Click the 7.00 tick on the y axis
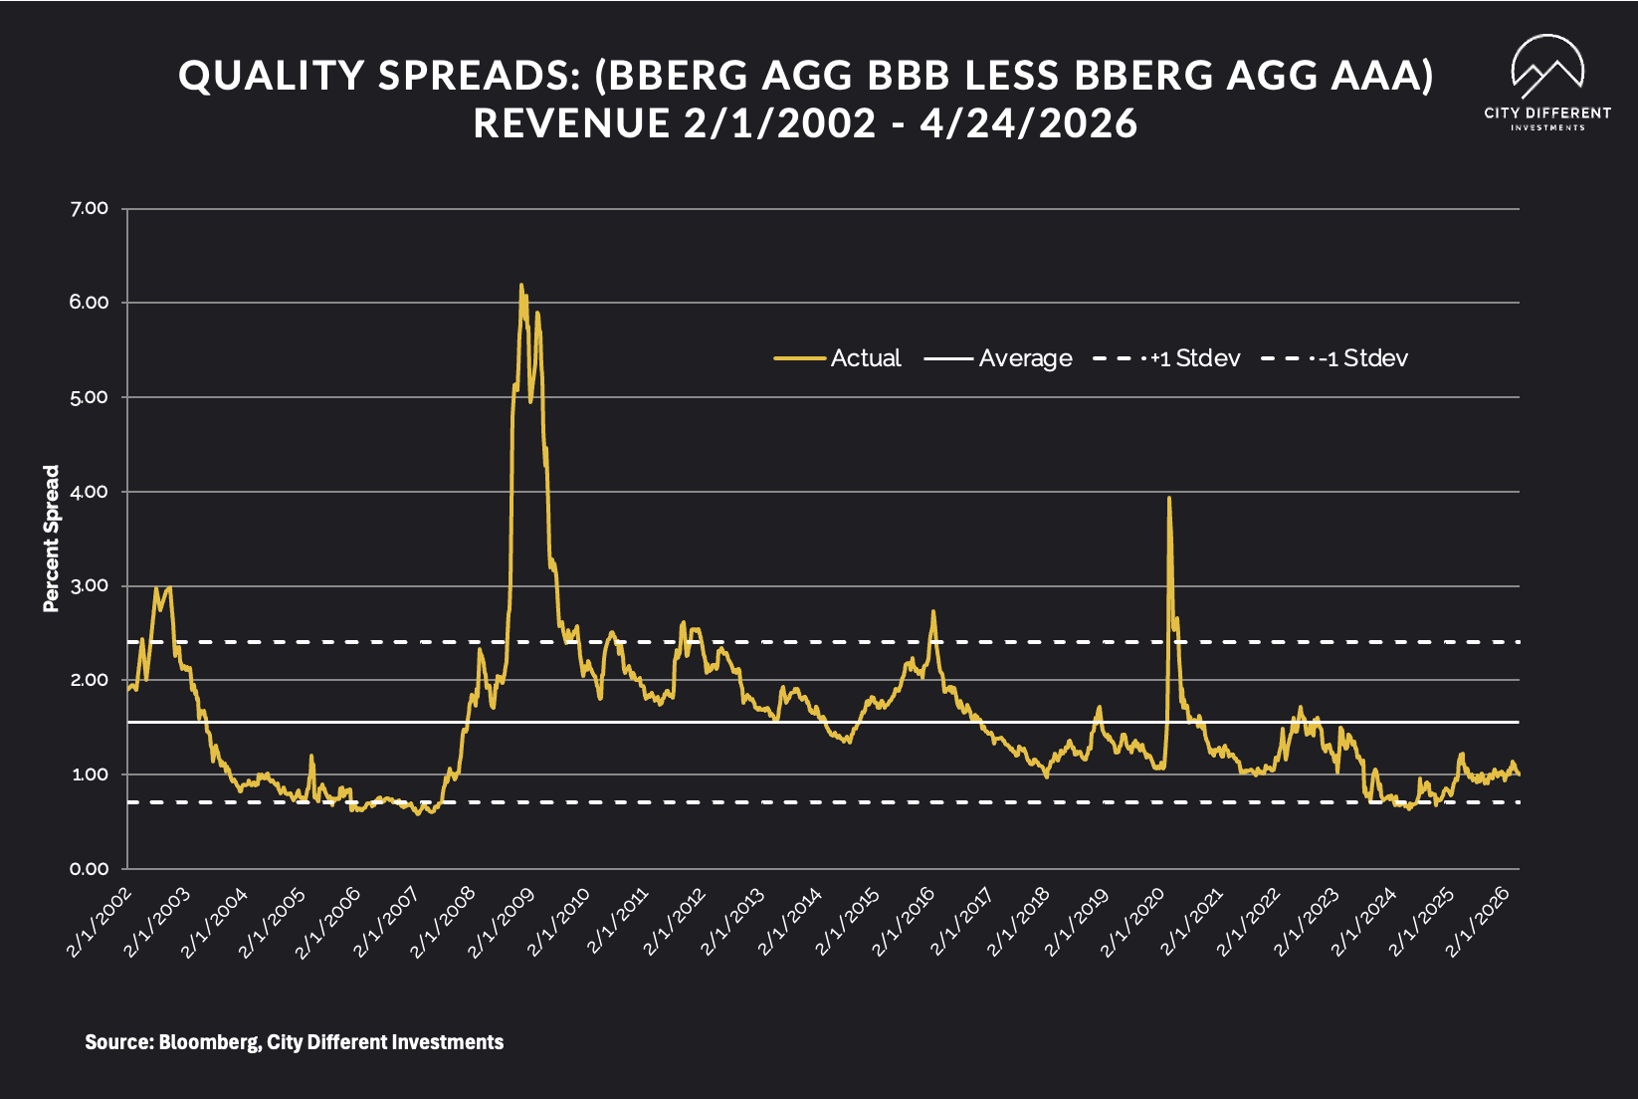(x=90, y=208)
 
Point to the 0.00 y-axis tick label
(x=90, y=869)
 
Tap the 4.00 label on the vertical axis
(x=90, y=492)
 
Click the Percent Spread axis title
(x=52, y=539)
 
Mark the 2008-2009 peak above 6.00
(x=520, y=286)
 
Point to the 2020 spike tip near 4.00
(x=1168, y=498)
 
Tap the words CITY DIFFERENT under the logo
(x=1546, y=113)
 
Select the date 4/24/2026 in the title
(x=1028, y=123)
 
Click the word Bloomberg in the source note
(x=209, y=1042)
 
